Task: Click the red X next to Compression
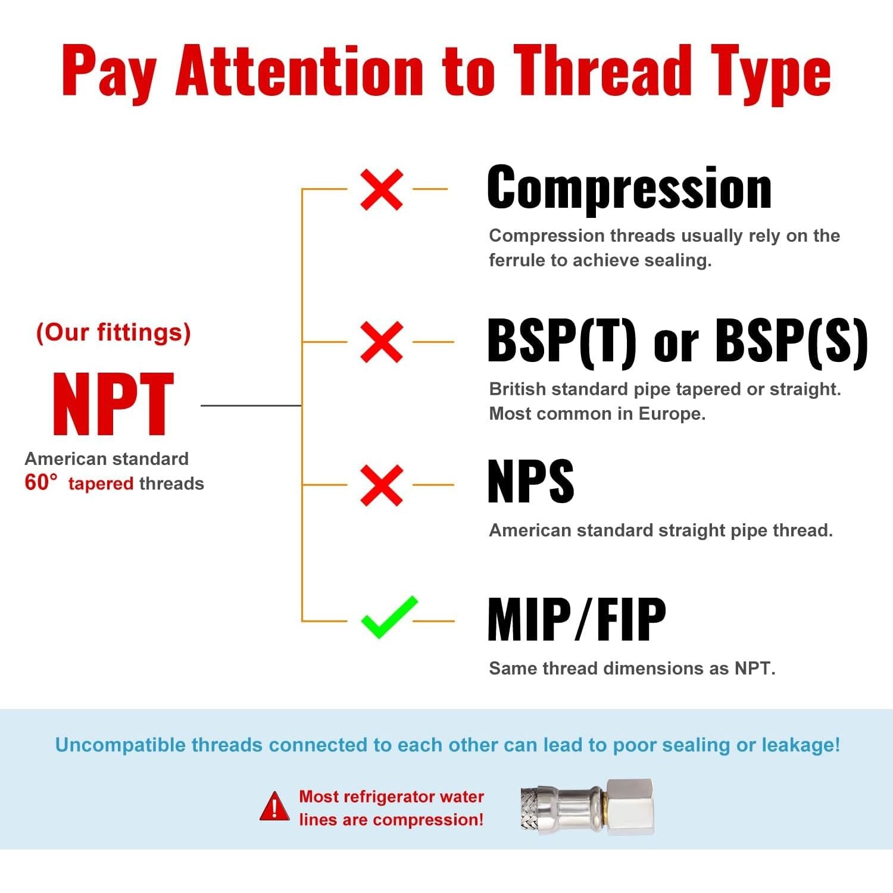tap(382, 189)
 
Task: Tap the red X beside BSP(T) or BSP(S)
tap(382, 342)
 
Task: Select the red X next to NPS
tap(382, 485)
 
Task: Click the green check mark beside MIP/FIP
tap(389, 617)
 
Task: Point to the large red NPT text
tap(113, 404)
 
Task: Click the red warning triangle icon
tap(274, 807)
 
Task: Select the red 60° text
tap(41, 482)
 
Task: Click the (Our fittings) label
tap(113, 332)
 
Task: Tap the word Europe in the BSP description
tap(672, 414)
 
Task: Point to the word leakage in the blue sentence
tap(800, 745)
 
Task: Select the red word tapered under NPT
tap(101, 483)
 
